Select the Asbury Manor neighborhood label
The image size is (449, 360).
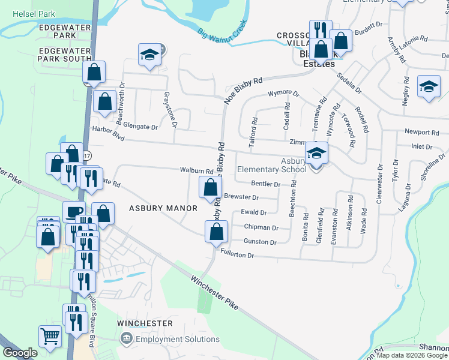[163, 208]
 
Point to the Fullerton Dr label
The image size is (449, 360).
[238, 254]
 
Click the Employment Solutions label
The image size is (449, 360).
[170, 340]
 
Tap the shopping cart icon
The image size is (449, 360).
[50, 336]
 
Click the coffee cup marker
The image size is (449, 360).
[74, 212]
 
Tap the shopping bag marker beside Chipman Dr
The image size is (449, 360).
[216, 231]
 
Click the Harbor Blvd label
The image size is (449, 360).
[107, 133]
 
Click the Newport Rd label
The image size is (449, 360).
[418, 132]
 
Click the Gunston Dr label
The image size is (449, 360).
[260, 242]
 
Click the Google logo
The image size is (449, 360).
[20, 353]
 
